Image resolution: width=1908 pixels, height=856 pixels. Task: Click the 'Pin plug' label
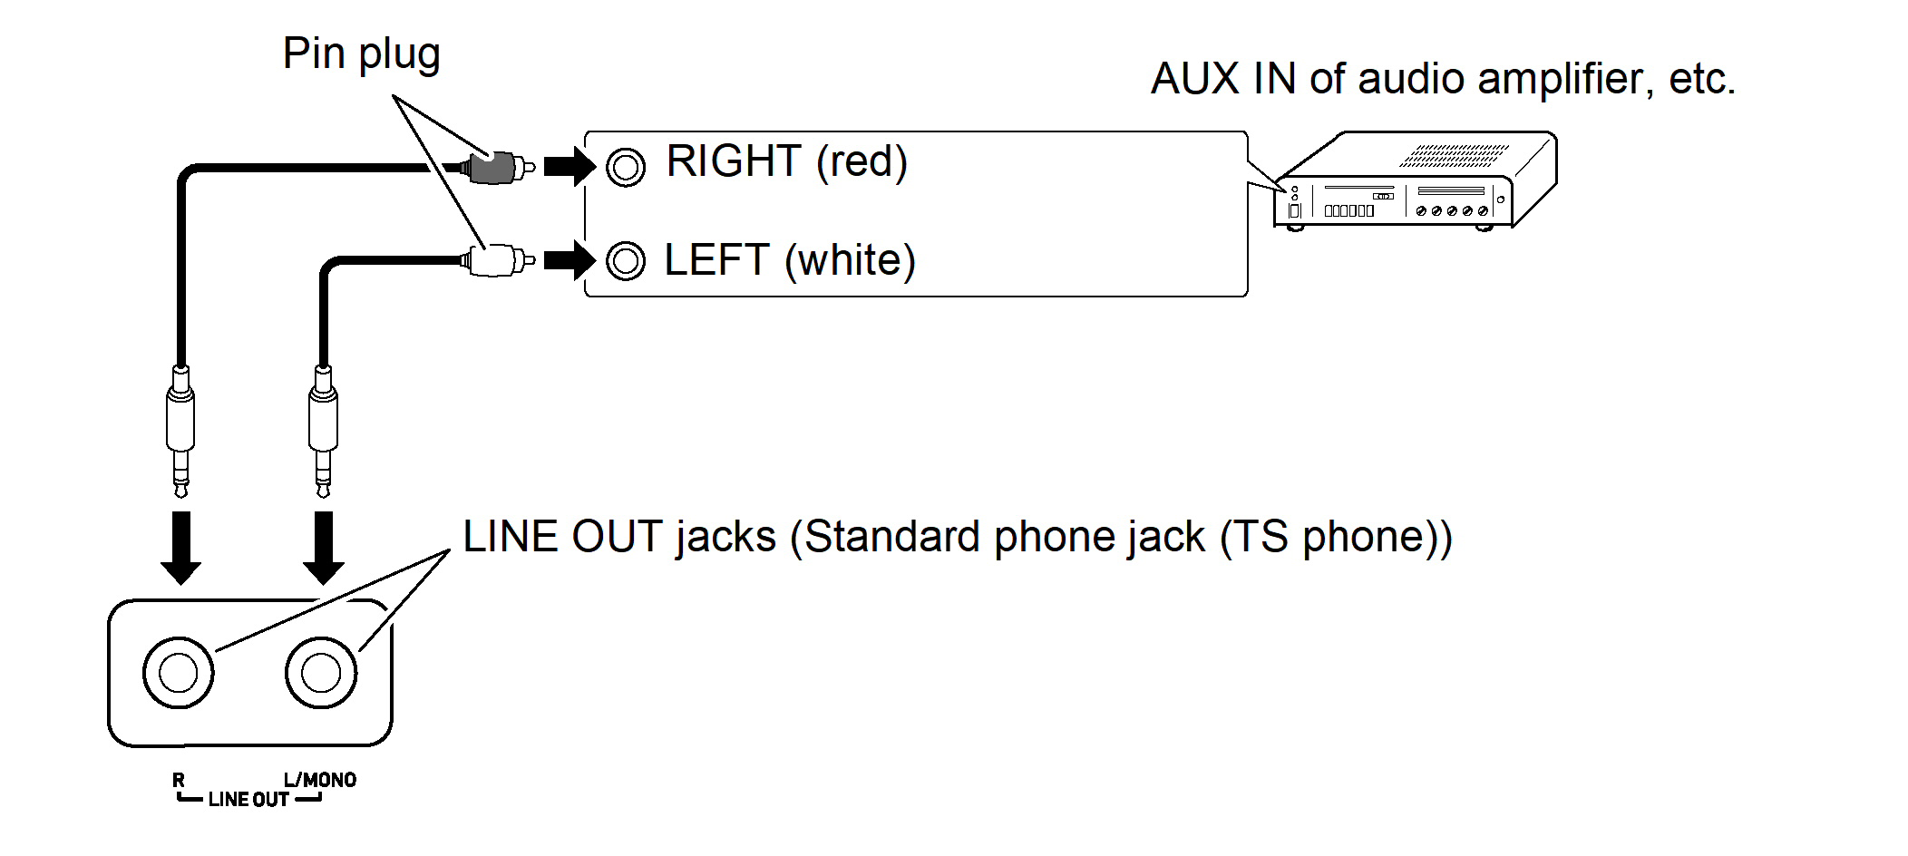coord(361,53)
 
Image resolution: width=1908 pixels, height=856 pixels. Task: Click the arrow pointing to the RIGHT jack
coord(569,167)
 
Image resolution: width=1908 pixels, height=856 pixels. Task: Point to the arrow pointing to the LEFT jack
coord(569,261)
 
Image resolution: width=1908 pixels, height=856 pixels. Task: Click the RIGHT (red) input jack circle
coord(626,167)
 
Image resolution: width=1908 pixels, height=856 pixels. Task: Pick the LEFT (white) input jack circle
coord(626,261)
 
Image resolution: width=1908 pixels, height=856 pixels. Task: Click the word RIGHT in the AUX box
coord(734,161)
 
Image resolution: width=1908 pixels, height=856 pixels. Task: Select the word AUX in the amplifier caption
coord(1194,79)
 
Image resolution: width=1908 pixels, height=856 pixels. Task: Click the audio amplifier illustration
coord(1415,181)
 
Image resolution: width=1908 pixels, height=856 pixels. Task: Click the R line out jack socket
coord(178,673)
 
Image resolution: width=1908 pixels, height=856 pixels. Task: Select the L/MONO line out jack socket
coord(321,673)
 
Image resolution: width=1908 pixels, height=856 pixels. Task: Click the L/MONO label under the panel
coord(320,780)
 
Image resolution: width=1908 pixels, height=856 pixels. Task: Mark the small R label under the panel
coord(179,781)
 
